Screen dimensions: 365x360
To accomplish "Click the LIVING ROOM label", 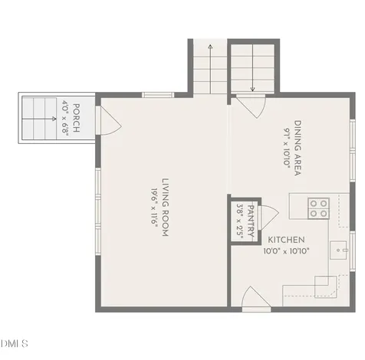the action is [x=166, y=207].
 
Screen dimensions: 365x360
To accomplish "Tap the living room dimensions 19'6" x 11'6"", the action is [x=154, y=207].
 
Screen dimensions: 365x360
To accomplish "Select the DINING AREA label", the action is [x=298, y=148].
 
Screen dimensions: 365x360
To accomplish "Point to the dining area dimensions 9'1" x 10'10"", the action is [x=287, y=148].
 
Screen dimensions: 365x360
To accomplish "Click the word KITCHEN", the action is [x=286, y=240].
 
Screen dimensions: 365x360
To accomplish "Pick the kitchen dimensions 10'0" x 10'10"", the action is [x=286, y=251].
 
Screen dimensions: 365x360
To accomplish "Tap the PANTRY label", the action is [x=252, y=221].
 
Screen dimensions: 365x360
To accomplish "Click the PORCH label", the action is [x=76, y=118].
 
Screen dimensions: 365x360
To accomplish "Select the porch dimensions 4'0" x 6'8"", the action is [x=64, y=118].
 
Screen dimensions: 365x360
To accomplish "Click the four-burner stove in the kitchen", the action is [x=318, y=208].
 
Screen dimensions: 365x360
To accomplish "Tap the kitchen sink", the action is [x=338, y=250].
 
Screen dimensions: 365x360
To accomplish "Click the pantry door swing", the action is [x=268, y=217].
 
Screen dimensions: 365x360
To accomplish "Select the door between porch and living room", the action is [x=109, y=120].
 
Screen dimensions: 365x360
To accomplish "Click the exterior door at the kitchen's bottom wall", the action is [x=256, y=299].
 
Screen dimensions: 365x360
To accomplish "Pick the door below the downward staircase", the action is [x=251, y=106].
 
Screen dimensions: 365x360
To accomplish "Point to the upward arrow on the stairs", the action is [x=210, y=69].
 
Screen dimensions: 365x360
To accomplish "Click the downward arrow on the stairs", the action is [x=252, y=67].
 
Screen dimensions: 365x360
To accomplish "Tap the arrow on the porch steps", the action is [x=39, y=119].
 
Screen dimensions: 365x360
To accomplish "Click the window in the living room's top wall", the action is [x=158, y=95].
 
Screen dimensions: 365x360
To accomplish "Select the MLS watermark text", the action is [x=14, y=343].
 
